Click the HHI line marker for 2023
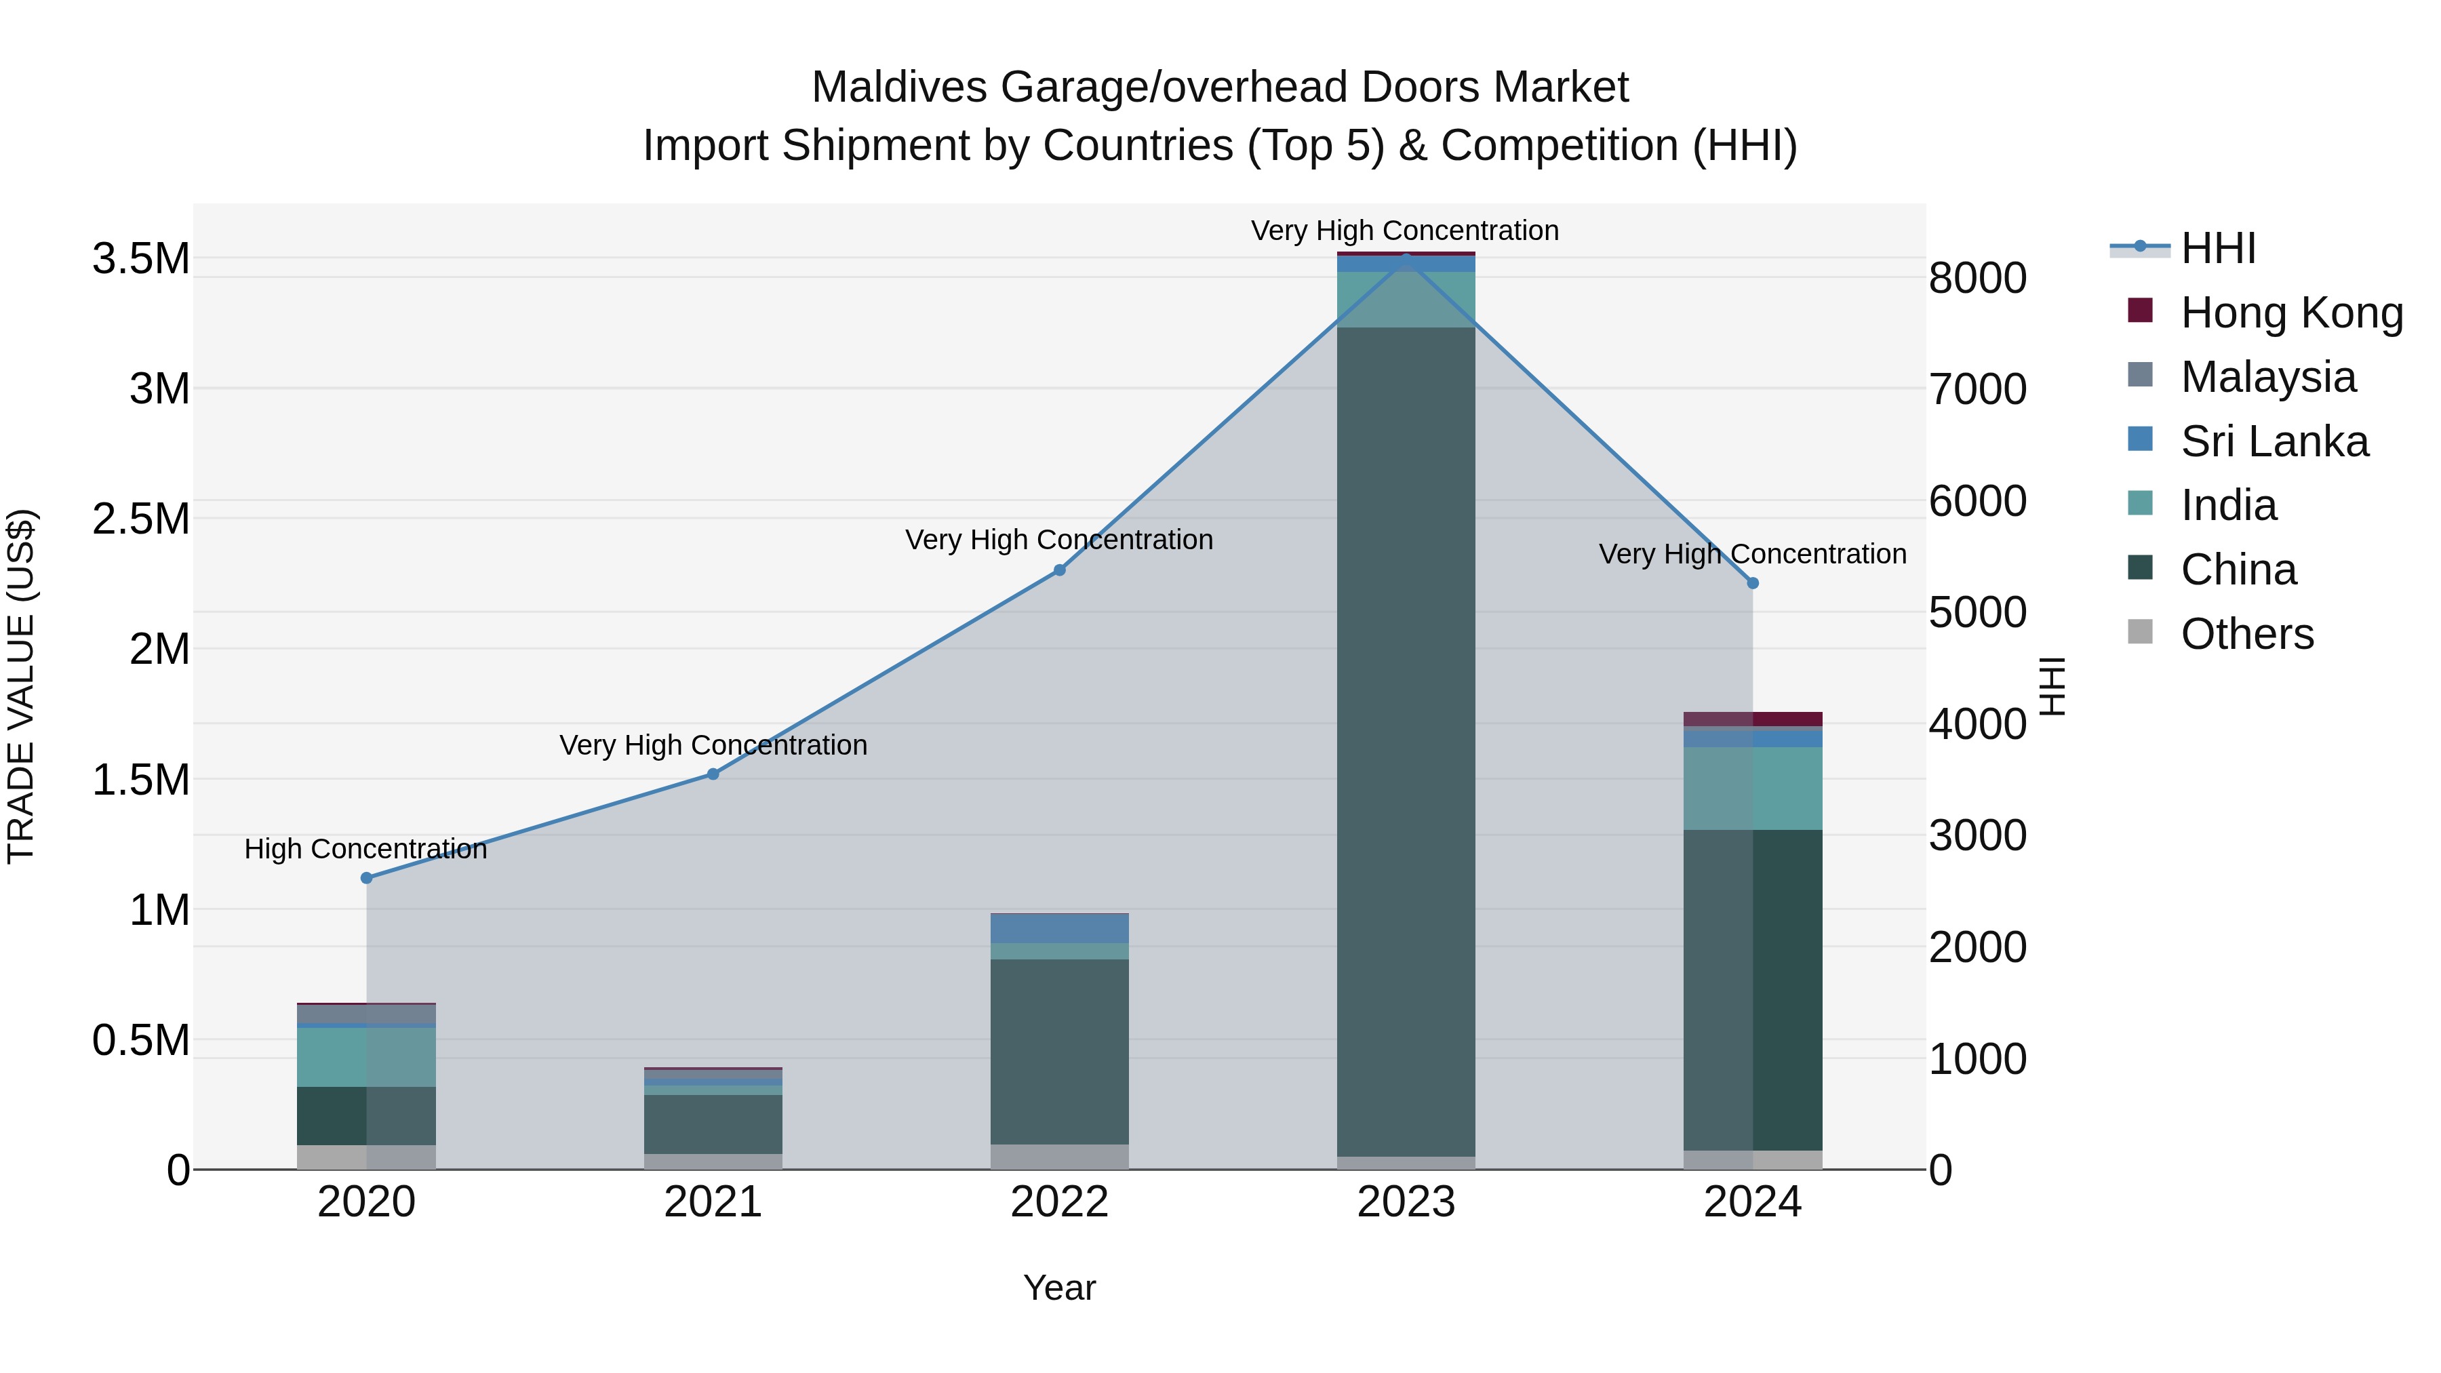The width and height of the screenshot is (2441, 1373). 1406,258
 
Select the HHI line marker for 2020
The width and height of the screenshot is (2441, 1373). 367,877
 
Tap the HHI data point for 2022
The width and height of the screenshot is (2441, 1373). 1059,570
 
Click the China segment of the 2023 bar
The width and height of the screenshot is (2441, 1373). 1406,739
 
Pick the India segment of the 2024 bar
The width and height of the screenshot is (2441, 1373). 1752,789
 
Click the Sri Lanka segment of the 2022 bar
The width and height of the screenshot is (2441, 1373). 1059,929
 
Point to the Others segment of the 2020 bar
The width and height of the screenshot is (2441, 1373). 367,1157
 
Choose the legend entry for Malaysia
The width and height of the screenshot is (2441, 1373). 2267,376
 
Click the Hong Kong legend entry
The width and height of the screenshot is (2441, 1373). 2290,313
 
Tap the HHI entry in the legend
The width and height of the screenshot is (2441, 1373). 2217,248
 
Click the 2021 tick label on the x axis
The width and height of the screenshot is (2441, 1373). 713,1202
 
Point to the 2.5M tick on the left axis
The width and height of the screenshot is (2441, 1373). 140,519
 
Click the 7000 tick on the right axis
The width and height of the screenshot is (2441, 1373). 1978,389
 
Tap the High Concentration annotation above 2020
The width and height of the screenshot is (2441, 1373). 365,849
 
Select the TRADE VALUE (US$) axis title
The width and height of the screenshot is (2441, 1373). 21,686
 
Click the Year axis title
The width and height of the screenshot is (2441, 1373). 1059,1288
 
